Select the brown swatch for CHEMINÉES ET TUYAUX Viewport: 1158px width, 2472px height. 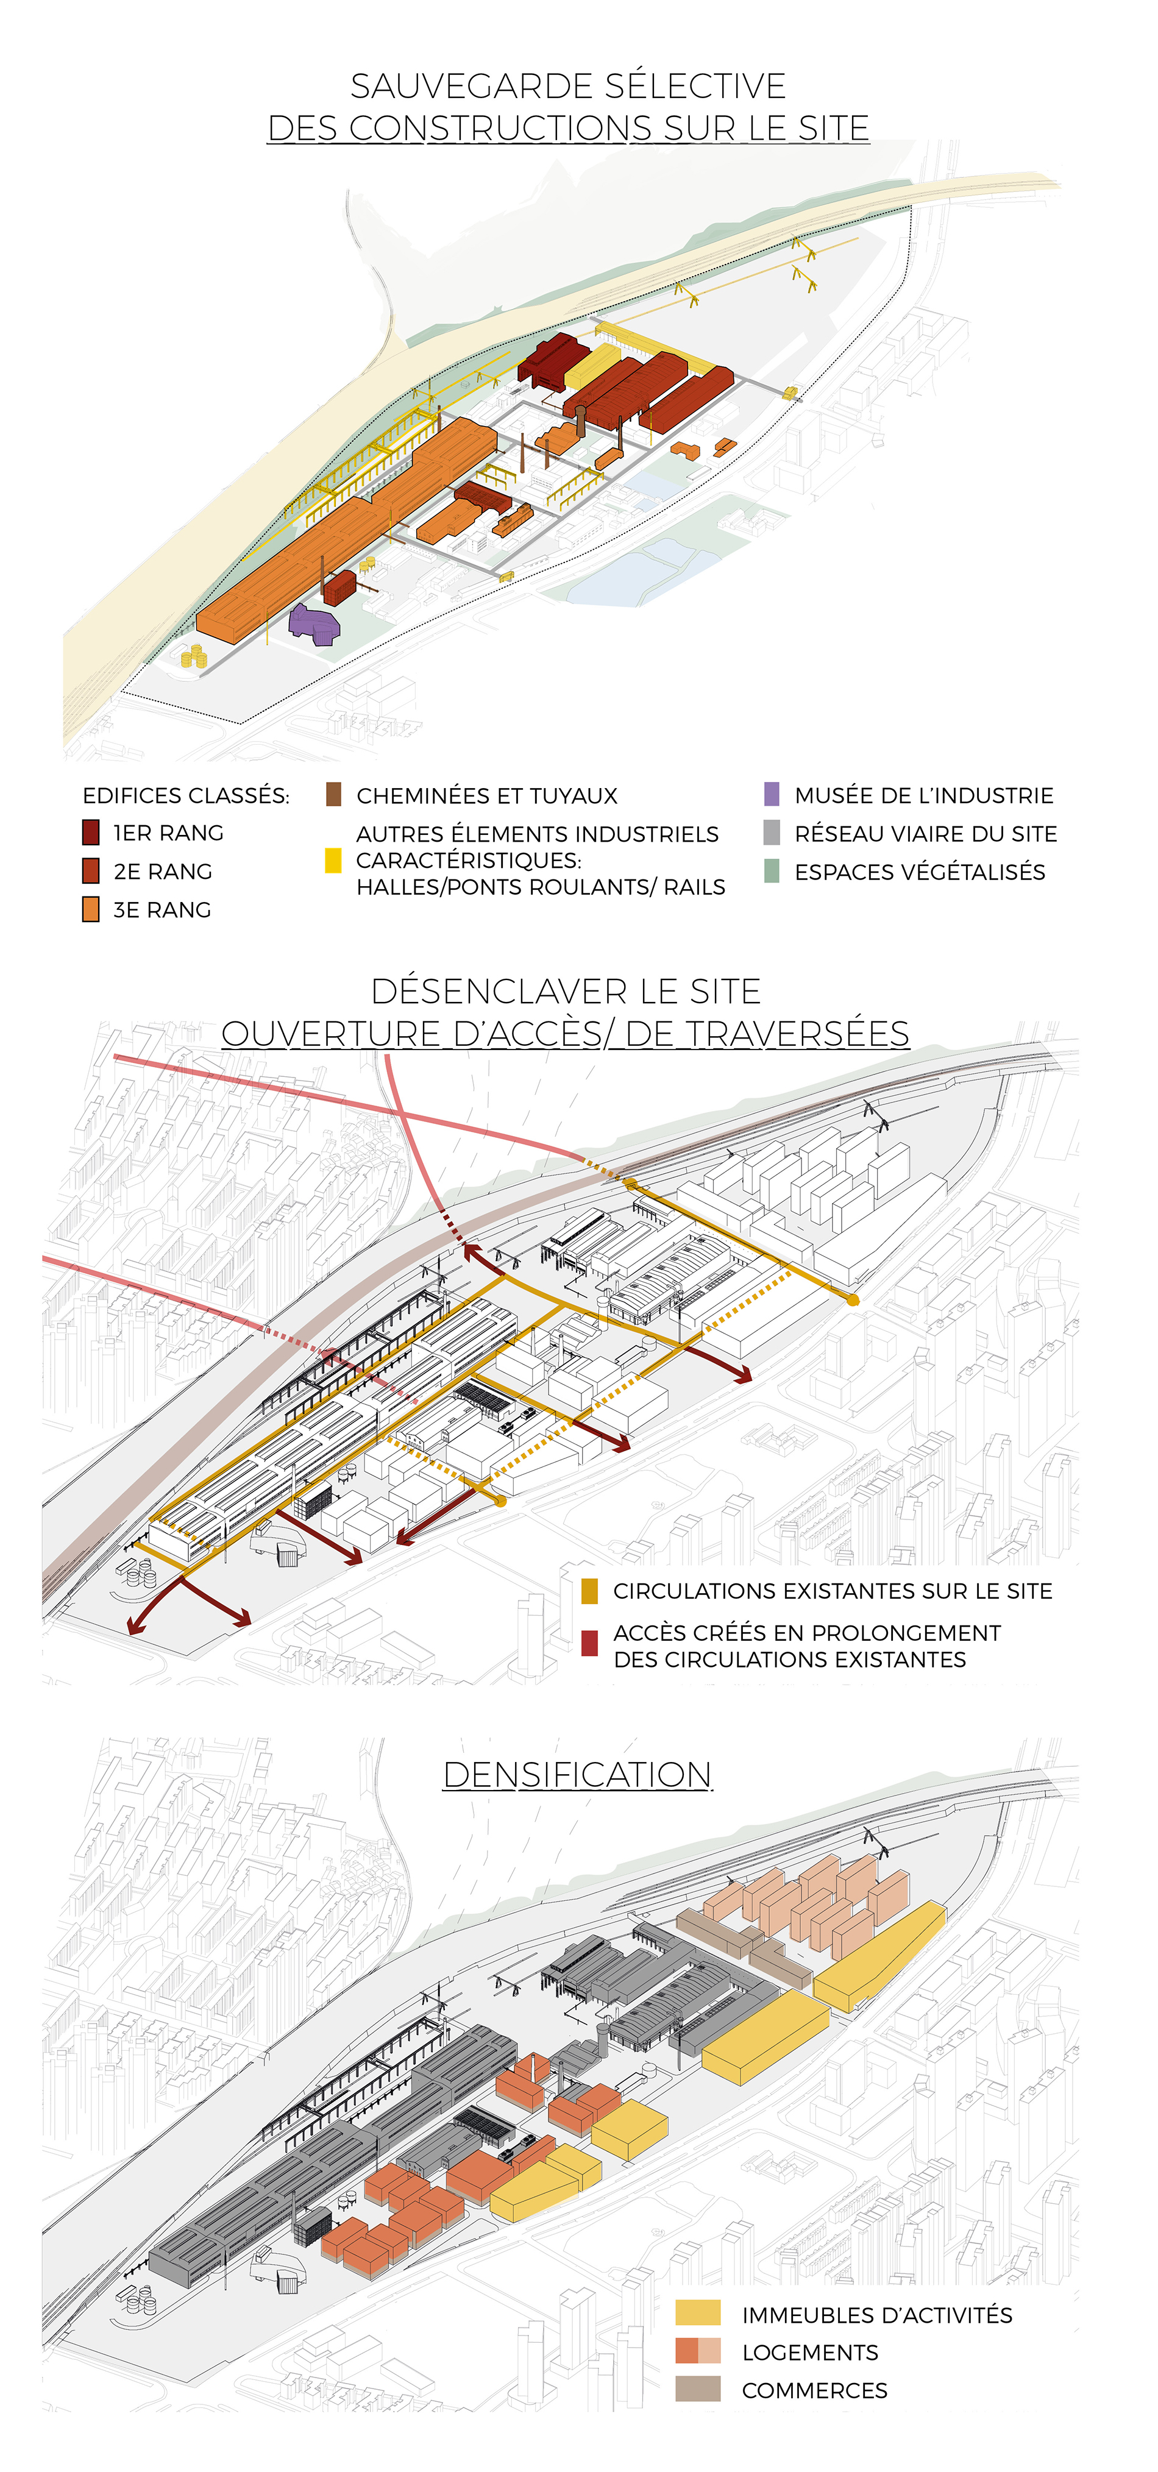(x=334, y=795)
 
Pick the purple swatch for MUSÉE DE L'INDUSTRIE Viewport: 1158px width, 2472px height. (x=772, y=795)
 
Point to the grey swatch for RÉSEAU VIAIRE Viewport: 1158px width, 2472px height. (x=772, y=833)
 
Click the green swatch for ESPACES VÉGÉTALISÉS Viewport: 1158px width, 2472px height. (x=772, y=872)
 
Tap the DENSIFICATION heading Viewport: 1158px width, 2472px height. (x=578, y=1775)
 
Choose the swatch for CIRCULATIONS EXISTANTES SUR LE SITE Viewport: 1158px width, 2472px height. (x=589, y=1591)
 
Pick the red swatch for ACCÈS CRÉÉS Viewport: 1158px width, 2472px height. (x=589, y=1643)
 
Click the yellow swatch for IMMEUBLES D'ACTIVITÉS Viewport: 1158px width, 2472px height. (x=697, y=2313)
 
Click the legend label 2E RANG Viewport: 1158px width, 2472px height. (x=162, y=872)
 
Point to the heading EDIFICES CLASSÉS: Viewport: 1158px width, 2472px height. (x=186, y=795)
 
